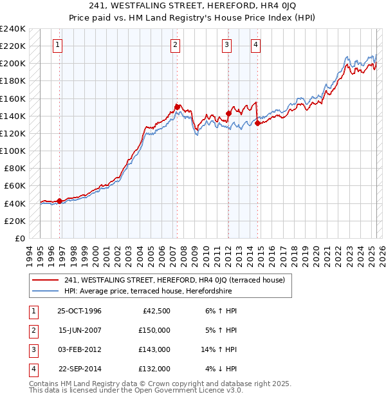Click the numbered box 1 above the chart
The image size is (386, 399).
coord(58,45)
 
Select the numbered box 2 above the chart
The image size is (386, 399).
coord(175,45)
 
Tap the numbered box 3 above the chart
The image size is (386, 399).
coord(227,45)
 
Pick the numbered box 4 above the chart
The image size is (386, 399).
coord(255,45)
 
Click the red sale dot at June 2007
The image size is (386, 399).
coord(177,107)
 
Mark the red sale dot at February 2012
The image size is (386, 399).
coord(228,113)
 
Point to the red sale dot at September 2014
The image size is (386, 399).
coord(257,123)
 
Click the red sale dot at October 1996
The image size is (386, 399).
coord(60,201)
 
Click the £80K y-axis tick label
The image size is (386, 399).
coord(15,169)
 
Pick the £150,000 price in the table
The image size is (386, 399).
coord(154,330)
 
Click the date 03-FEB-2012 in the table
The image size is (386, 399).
coord(79,349)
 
